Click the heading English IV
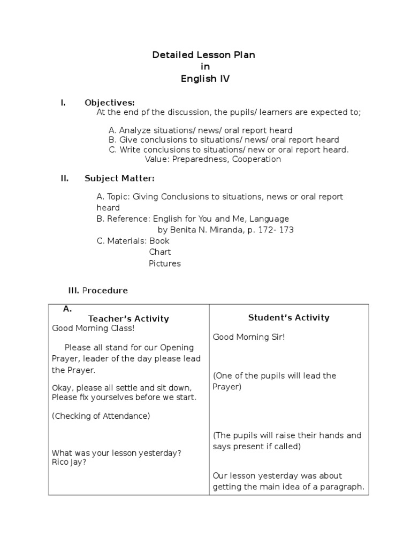click(205, 79)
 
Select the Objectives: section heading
click(110, 103)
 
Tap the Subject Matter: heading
click(119, 178)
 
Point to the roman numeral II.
click(64, 178)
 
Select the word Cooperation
click(256, 159)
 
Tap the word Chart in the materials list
click(159, 252)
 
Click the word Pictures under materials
click(165, 263)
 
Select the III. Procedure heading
click(98, 291)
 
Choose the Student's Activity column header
click(288, 318)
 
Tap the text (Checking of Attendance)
click(101, 416)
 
